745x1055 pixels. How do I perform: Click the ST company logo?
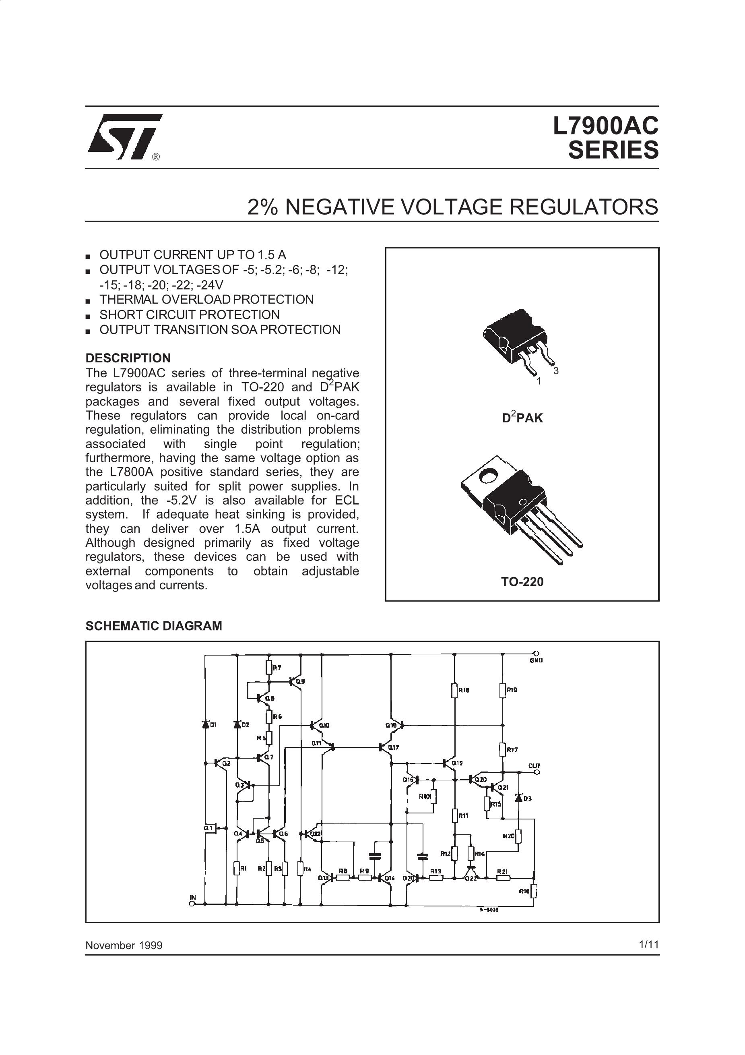click(x=124, y=137)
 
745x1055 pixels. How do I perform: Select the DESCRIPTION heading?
click(x=128, y=358)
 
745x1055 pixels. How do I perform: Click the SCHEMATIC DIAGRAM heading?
click(x=153, y=626)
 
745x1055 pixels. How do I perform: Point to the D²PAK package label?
click(x=522, y=418)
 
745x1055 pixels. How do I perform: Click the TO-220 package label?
click(x=522, y=582)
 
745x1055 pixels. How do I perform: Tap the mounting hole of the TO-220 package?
click(x=487, y=476)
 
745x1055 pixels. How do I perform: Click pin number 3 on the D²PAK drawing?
click(x=556, y=371)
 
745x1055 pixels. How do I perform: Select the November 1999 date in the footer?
click(x=124, y=945)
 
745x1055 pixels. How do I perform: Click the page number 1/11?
click(x=648, y=944)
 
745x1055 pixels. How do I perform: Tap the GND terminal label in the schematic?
click(x=536, y=660)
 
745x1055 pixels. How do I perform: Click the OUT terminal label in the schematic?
click(x=534, y=765)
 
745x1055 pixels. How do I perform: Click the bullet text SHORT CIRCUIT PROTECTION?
click(x=189, y=315)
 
